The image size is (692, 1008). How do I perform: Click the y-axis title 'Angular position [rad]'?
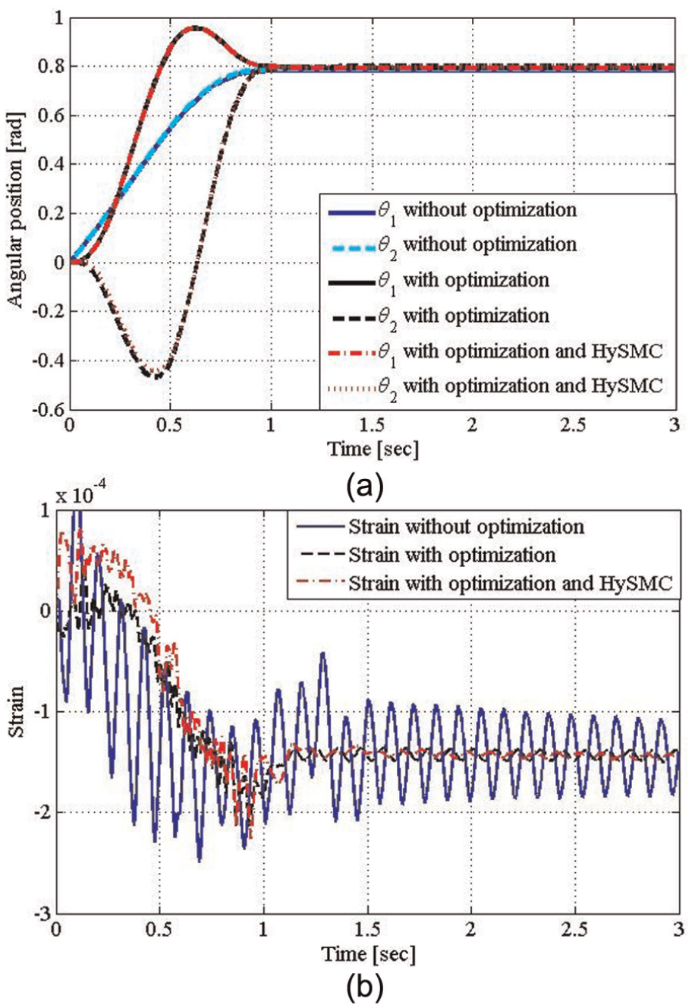15,210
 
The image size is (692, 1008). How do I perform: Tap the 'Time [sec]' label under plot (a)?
373,449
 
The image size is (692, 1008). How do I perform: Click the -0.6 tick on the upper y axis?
50,410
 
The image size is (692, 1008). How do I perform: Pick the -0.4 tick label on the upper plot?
50,361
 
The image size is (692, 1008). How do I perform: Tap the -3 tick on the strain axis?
45,915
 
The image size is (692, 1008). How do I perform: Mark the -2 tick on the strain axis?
45,813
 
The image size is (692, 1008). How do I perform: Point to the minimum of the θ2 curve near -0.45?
156,375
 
